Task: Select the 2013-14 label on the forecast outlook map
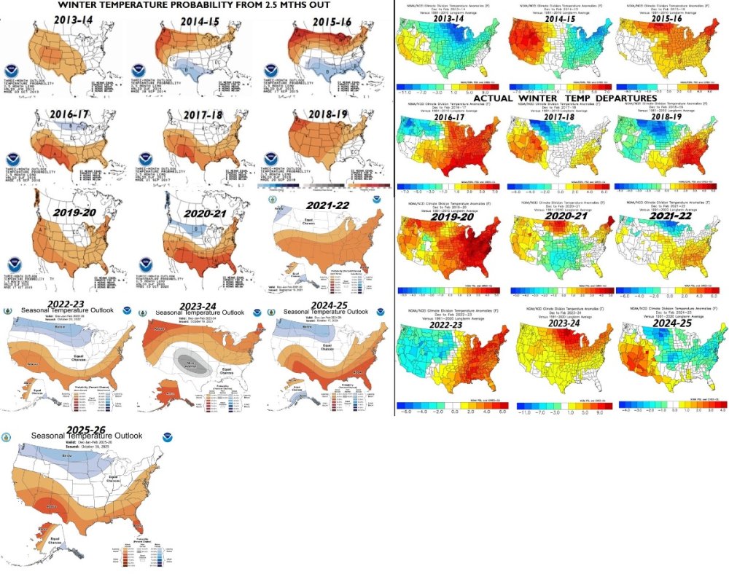(x=71, y=23)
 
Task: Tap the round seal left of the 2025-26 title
(x=7, y=438)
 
